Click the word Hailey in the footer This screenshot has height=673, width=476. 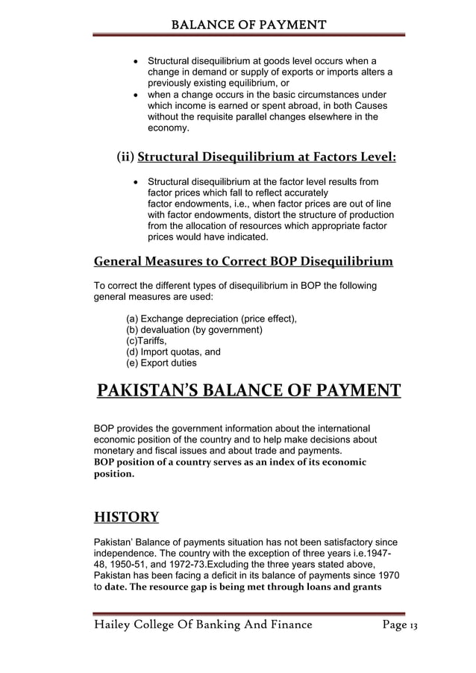(112, 624)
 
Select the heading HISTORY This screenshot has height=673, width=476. (126, 516)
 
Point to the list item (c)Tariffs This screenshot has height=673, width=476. (148, 341)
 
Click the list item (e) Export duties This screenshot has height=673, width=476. (162, 363)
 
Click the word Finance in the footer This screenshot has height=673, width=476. (280, 624)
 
